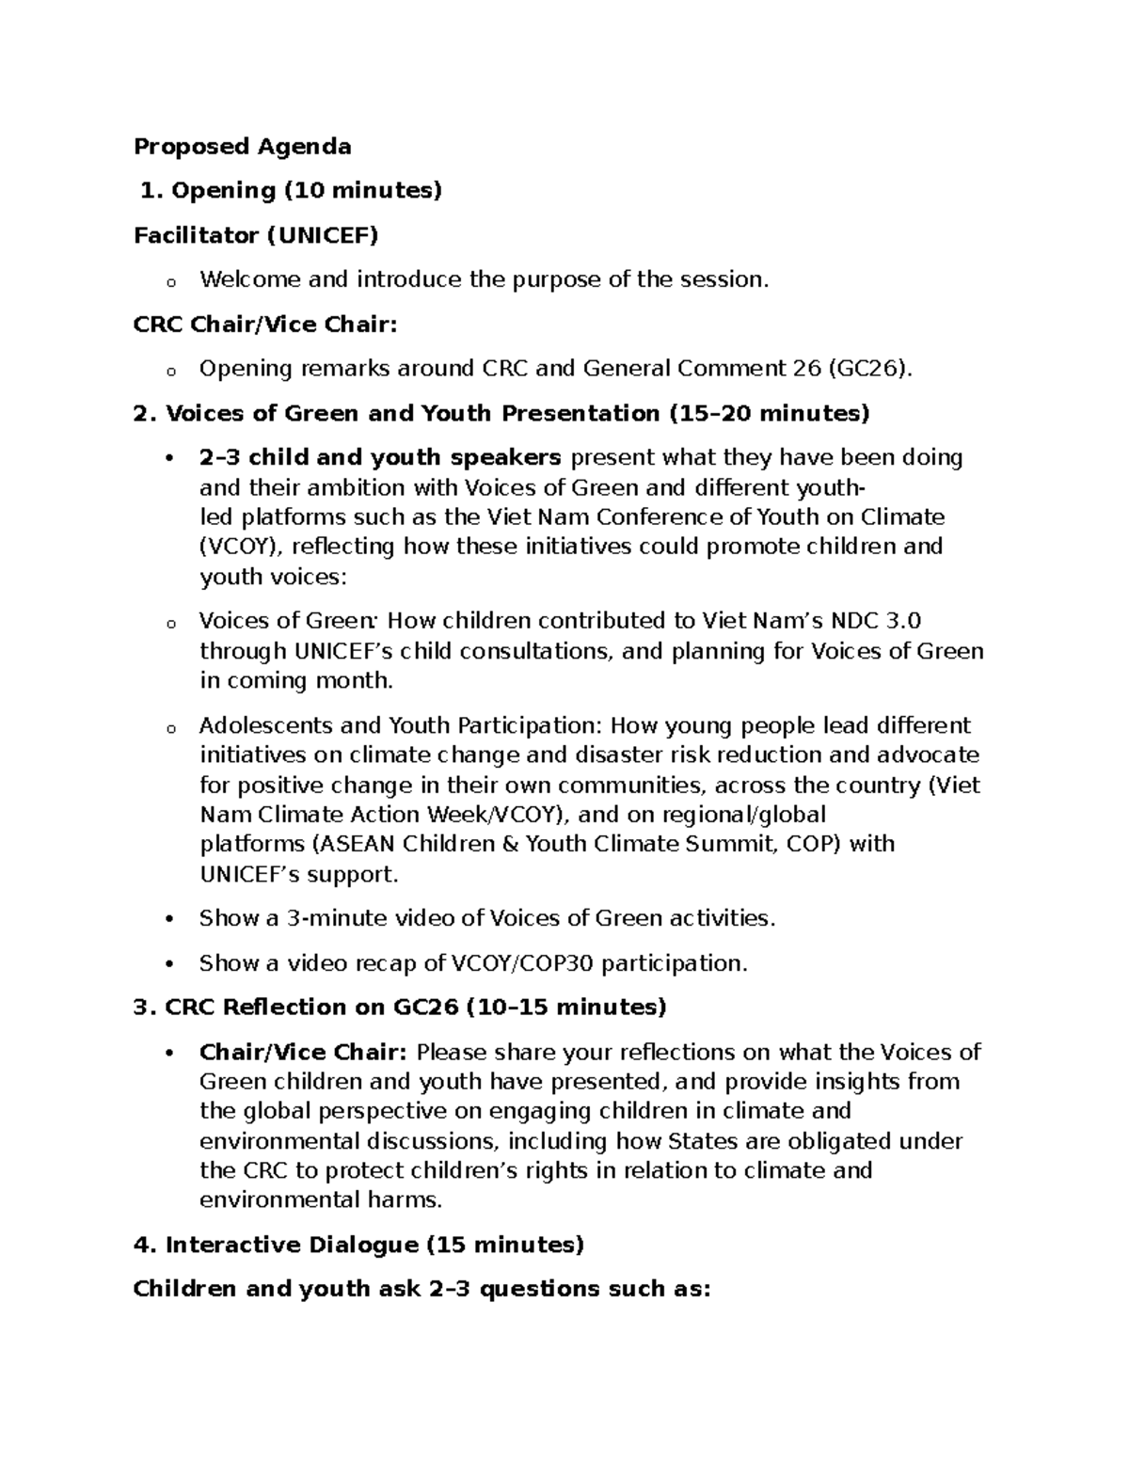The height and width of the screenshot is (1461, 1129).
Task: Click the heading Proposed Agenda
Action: pyautogui.click(x=242, y=146)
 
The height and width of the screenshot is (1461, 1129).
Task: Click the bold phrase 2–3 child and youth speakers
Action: pyautogui.click(x=380, y=457)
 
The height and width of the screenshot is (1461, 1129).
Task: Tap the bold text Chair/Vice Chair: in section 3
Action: pyautogui.click(x=303, y=1052)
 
